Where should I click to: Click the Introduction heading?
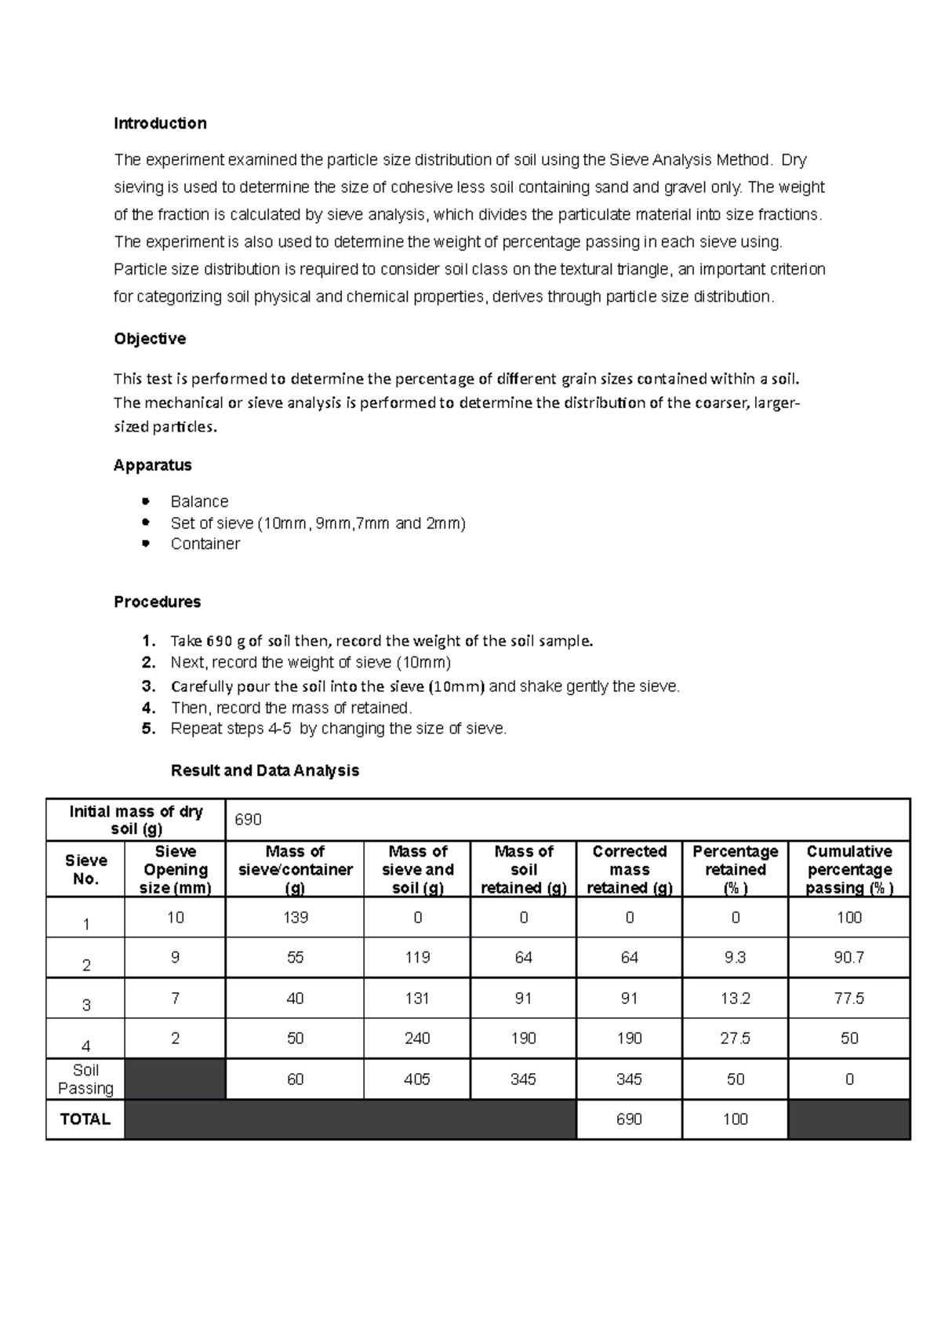pyautogui.click(x=160, y=123)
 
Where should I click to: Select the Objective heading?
pyautogui.click(x=150, y=339)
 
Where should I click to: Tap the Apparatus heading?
pyautogui.click(x=152, y=465)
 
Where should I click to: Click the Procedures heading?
pyautogui.click(x=157, y=602)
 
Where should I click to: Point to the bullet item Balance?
pyautogui.click(x=199, y=501)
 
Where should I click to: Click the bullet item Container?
pyautogui.click(x=205, y=544)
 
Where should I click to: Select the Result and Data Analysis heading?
pyautogui.click(x=264, y=770)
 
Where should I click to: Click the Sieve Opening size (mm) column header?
pyautogui.click(x=175, y=869)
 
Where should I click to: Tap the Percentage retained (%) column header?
pyautogui.click(x=735, y=869)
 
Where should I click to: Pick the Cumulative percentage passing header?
pyautogui.click(x=848, y=869)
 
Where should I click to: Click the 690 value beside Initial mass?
pyautogui.click(x=248, y=820)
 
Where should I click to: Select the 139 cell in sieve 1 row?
pyautogui.click(x=295, y=917)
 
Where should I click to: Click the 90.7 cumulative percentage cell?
pyautogui.click(x=848, y=958)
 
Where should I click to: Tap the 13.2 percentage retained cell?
pyautogui.click(x=735, y=998)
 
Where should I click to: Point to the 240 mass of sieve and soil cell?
pyautogui.click(x=416, y=1039)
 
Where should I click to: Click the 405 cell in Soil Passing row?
pyautogui.click(x=416, y=1079)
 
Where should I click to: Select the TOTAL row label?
pyautogui.click(x=85, y=1119)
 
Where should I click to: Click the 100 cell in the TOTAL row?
pyautogui.click(x=735, y=1119)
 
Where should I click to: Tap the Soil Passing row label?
pyautogui.click(x=85, y=1079)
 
